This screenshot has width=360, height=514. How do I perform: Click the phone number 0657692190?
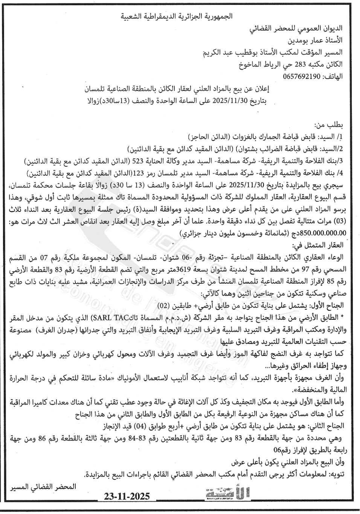click(301, 76)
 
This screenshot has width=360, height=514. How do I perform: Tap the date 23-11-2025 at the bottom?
click(127, 496)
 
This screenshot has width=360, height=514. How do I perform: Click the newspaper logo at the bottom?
click(228, 493)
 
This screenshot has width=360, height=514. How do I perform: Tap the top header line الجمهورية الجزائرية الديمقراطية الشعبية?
click(177, 16)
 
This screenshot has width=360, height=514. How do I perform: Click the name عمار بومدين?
click(305, 40)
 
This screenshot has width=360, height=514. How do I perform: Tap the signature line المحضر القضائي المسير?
click(43, 487)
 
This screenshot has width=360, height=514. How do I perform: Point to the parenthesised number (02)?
click(174, 305)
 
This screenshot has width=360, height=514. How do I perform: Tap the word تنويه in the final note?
click(336, 474)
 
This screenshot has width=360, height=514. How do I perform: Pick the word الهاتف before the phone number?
click(333, 76)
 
